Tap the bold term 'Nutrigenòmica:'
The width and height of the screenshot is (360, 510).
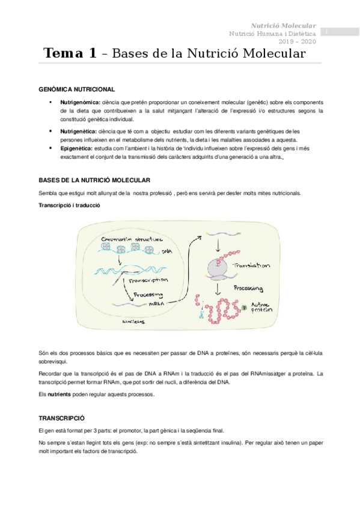click(x=81, y=103)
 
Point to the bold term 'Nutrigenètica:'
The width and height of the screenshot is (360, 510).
click(x=80, y=131)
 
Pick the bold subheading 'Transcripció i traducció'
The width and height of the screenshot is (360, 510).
click(x=69, y=206)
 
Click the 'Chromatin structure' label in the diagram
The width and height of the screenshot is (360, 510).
click(x=128, y=239)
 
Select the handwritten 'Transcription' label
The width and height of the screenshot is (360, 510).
click(x=150, y=280)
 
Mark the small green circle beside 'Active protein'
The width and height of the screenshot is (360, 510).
click(x=245, y=308)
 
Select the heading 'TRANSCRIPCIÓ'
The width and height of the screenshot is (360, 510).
click(x=62, y=417)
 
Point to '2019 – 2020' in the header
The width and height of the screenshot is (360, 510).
click(x=298, y=41)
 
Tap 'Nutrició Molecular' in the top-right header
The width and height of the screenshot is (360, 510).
click(x=283, y=26)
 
